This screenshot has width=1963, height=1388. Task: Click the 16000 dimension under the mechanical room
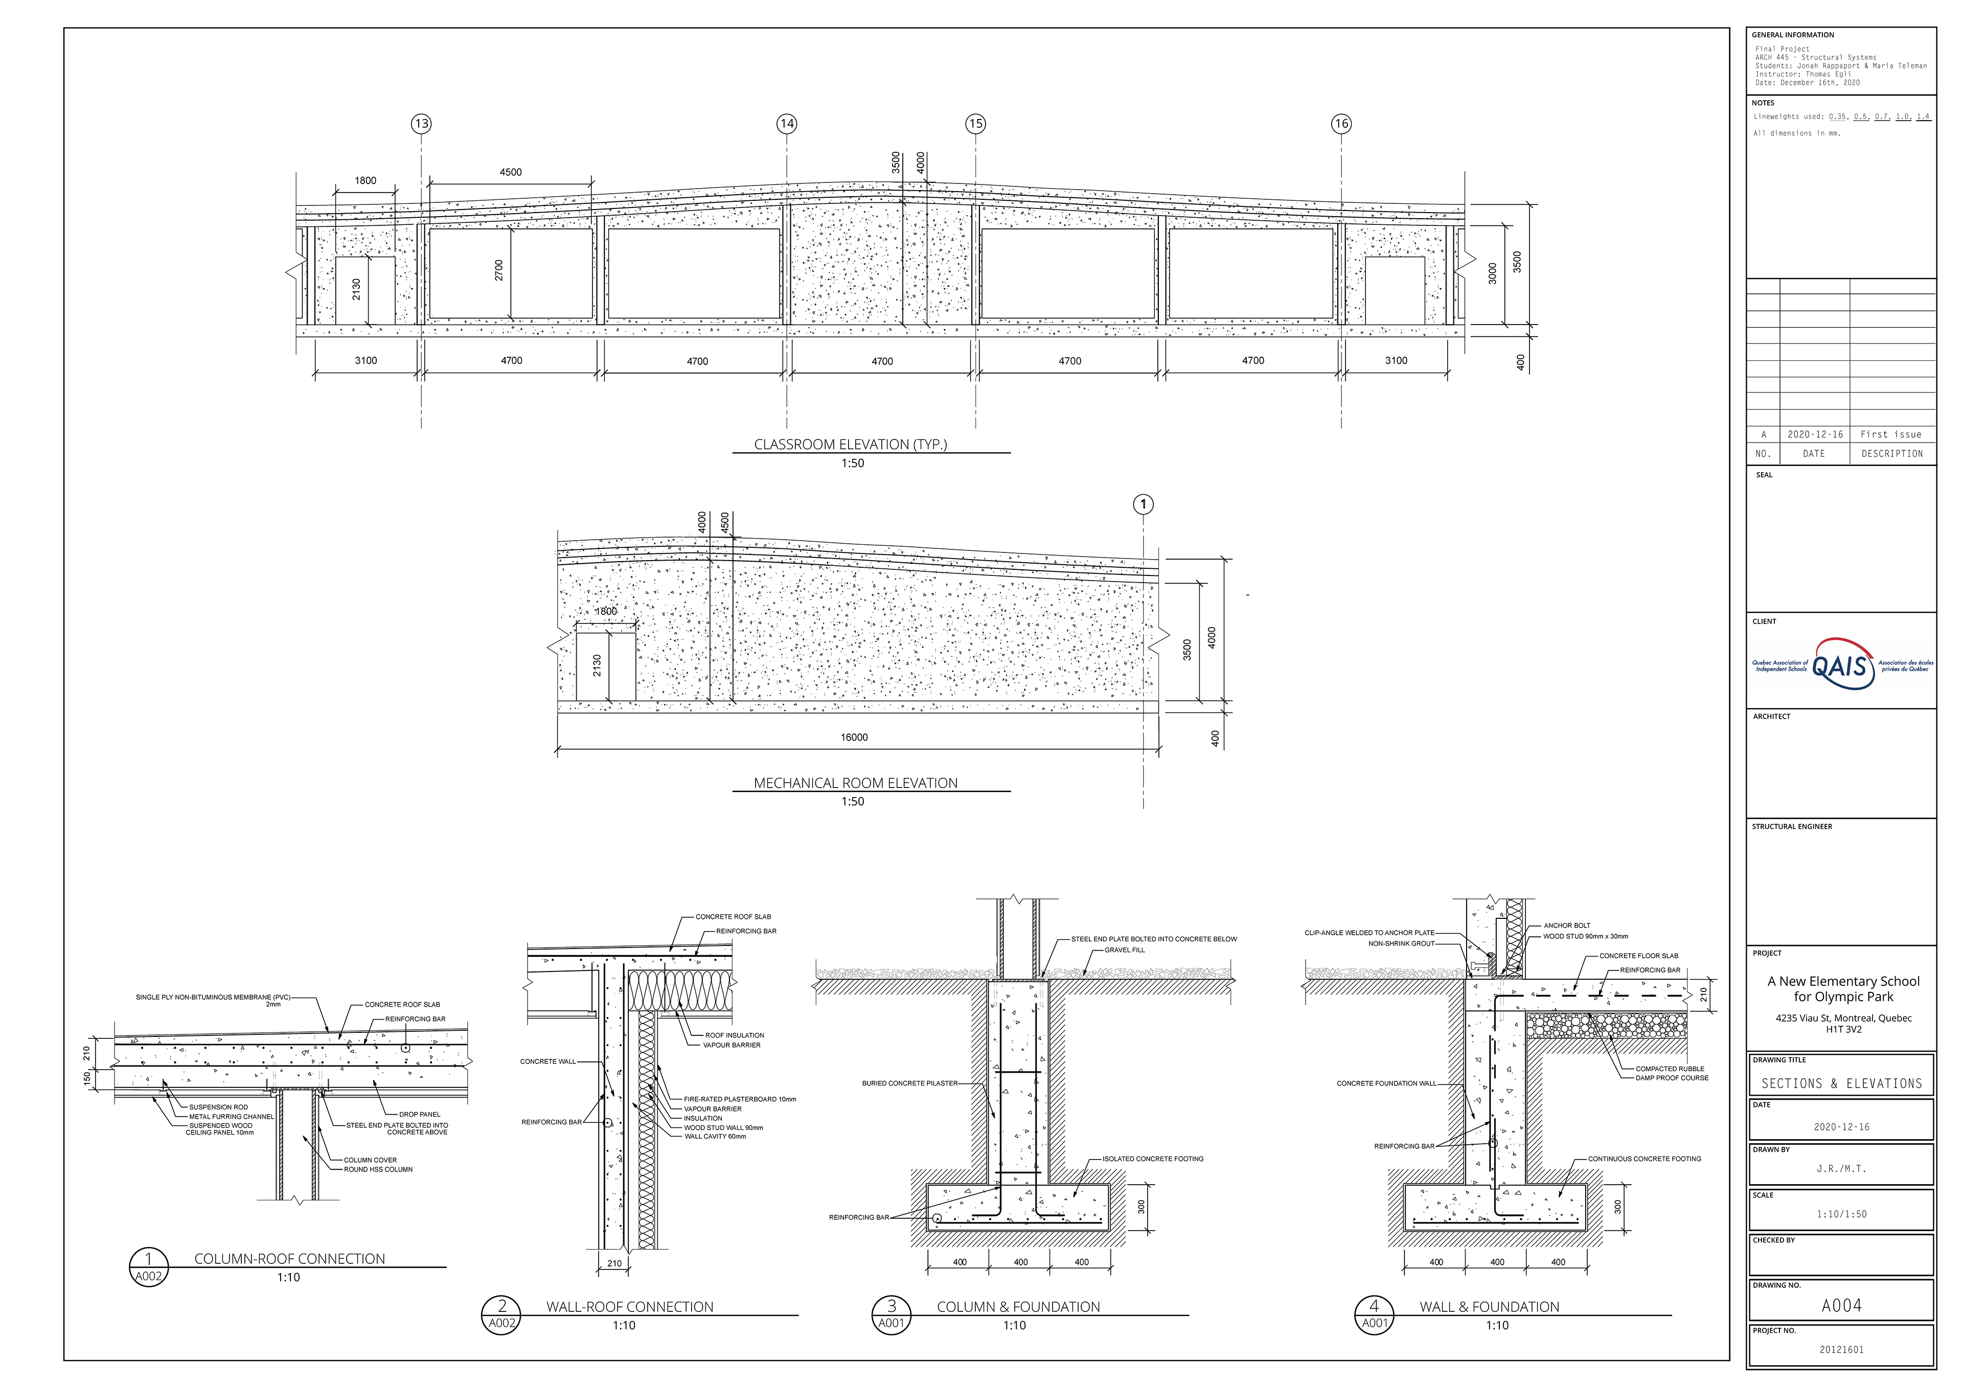point(854,737)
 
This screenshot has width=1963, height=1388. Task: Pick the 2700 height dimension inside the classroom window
point(499,270)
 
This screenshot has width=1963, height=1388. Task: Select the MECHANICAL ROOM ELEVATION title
point(855,783)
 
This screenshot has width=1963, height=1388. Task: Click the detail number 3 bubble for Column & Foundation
point(891,1305)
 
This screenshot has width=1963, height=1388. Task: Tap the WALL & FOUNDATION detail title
point(1489,1307)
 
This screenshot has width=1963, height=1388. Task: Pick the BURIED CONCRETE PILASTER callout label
point(910,1084)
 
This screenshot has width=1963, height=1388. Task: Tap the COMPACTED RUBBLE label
point(1670,1069)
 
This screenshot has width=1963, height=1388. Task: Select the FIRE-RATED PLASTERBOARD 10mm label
point(740,1099)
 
